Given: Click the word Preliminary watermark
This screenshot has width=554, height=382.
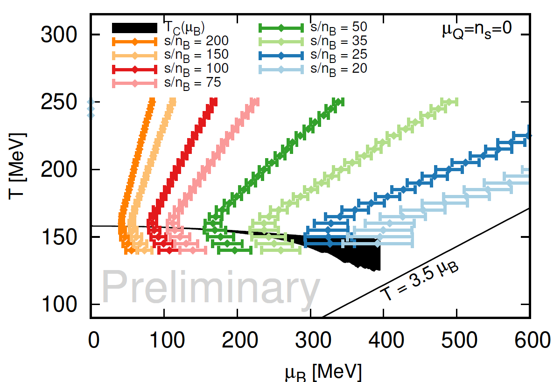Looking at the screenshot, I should [x=211, y=285].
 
